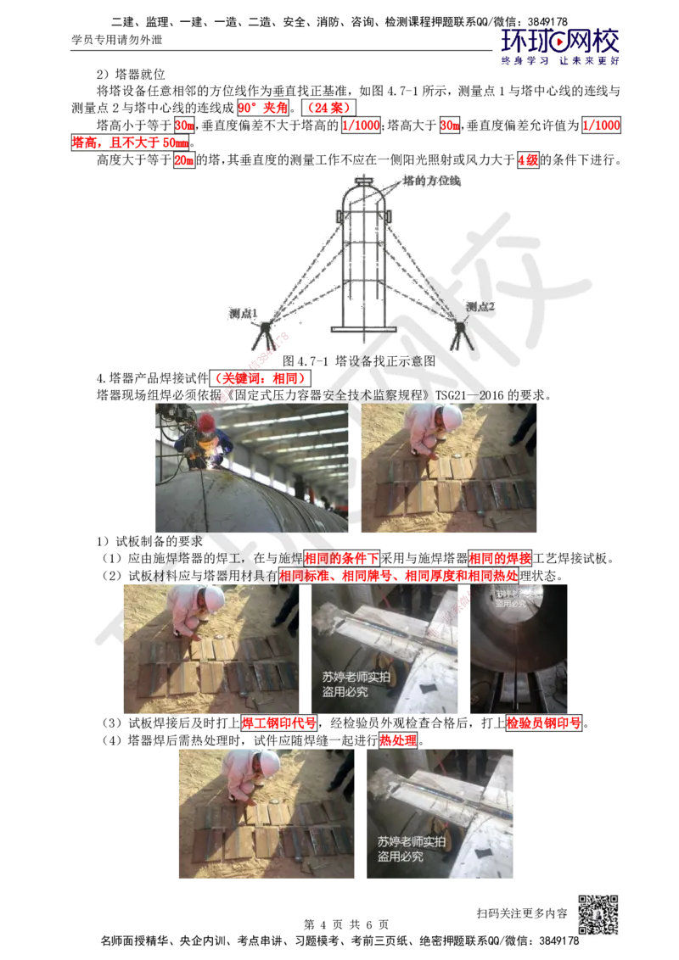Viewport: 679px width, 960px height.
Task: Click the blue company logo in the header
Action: click(560, 45)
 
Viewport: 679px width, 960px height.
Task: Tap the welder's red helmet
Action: click(207, 422)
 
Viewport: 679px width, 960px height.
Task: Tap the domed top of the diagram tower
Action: click(364, 185)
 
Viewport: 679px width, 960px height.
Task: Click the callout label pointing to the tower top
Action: click(432, 180)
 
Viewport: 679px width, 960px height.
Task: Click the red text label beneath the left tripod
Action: click(259, 377)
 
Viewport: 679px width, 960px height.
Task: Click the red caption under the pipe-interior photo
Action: click(543, 723)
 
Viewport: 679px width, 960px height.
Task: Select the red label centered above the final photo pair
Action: click(397, 740)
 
